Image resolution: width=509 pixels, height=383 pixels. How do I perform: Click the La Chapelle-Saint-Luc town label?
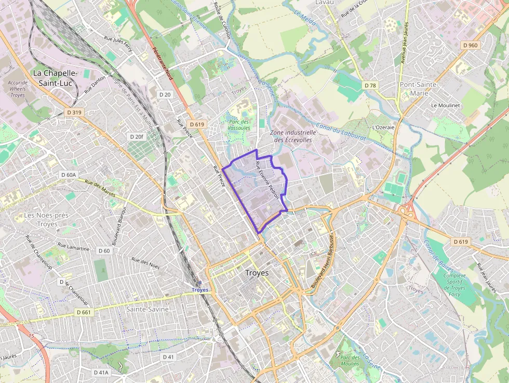[x=55, y=78]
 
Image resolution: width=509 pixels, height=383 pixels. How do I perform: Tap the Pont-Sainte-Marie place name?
[x=419, y=88]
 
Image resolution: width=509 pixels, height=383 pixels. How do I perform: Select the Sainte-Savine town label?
[x=148, y=309]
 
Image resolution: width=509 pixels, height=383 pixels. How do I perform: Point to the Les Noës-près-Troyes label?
[x=47, y=219]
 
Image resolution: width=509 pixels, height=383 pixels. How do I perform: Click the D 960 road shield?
[x=470, y=45]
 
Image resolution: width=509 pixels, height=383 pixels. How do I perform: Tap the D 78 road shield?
[x=370, y=85]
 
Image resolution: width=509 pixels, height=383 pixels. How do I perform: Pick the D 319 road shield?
[x=74, y=112]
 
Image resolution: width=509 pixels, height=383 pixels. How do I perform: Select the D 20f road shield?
[x=136, y=136]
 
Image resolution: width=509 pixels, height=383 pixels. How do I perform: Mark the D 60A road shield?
[x=68, y=175]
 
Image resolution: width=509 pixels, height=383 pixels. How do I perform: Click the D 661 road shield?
[x=83, y=312]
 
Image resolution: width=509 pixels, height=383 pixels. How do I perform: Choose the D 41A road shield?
[x=101, y=373]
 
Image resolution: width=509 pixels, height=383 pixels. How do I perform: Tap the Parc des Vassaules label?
[x=239, y=125]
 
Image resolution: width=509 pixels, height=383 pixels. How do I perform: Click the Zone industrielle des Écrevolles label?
[x=293, y=136]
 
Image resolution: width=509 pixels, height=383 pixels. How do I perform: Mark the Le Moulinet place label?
[x=445, y=105]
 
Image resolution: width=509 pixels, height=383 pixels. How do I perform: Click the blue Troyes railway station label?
[x=199, y=290]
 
